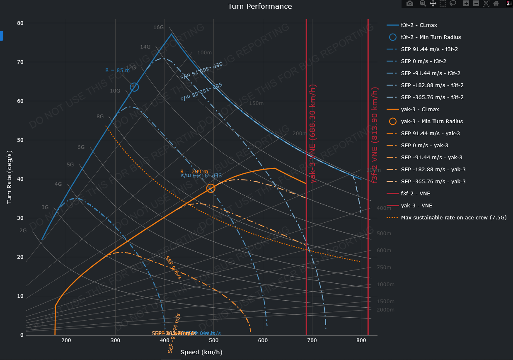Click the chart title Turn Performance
click(x=260, y=6)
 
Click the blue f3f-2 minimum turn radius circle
click(x=134, y=87)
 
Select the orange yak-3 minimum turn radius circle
click(x=211, y=188)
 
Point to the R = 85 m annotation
click(x=117, y=71)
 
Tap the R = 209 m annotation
click(x=194, y=171)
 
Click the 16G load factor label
click(x=159, y=27)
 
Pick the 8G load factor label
click(x=100, y=117)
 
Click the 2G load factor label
click(x=23, y=231)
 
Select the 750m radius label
click(x=384, y=268)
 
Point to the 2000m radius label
click(x=385, y=310)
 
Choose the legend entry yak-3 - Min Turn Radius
click(x=432, y=122)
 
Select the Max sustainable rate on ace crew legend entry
click(x=454, y=218)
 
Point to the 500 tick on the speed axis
click(x=214, y=341)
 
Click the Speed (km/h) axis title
click(x=201, y=353)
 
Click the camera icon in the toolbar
click(x=410, y=4)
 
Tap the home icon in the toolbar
click(x=496, y=4)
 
